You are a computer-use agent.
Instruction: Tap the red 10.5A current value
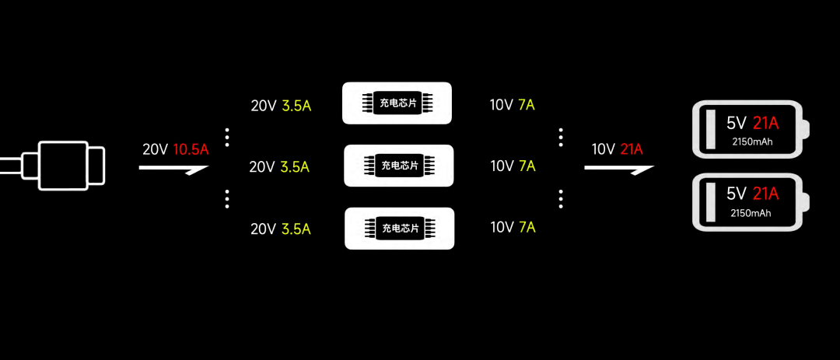coord(191,149)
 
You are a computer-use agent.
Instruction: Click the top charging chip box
coord(397,103)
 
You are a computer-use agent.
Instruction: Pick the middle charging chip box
coord(398,166)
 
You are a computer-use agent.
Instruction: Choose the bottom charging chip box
coord(399,228)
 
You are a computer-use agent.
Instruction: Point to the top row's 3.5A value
coord(295,106)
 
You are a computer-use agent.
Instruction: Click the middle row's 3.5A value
coord(295,166)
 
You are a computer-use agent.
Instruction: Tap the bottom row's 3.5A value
coord(295,229)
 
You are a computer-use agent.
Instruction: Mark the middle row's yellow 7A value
coord(527,166)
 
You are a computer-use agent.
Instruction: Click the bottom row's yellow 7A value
coord(527,228)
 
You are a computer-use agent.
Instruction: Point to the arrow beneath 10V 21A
coord(618,167)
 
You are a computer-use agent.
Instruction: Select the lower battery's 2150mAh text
coord(751,213)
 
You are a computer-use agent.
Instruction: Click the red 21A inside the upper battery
coord(765,123)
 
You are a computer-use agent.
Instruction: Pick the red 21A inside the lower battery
coord(765,194)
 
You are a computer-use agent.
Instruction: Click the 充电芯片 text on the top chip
coord(398,103)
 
